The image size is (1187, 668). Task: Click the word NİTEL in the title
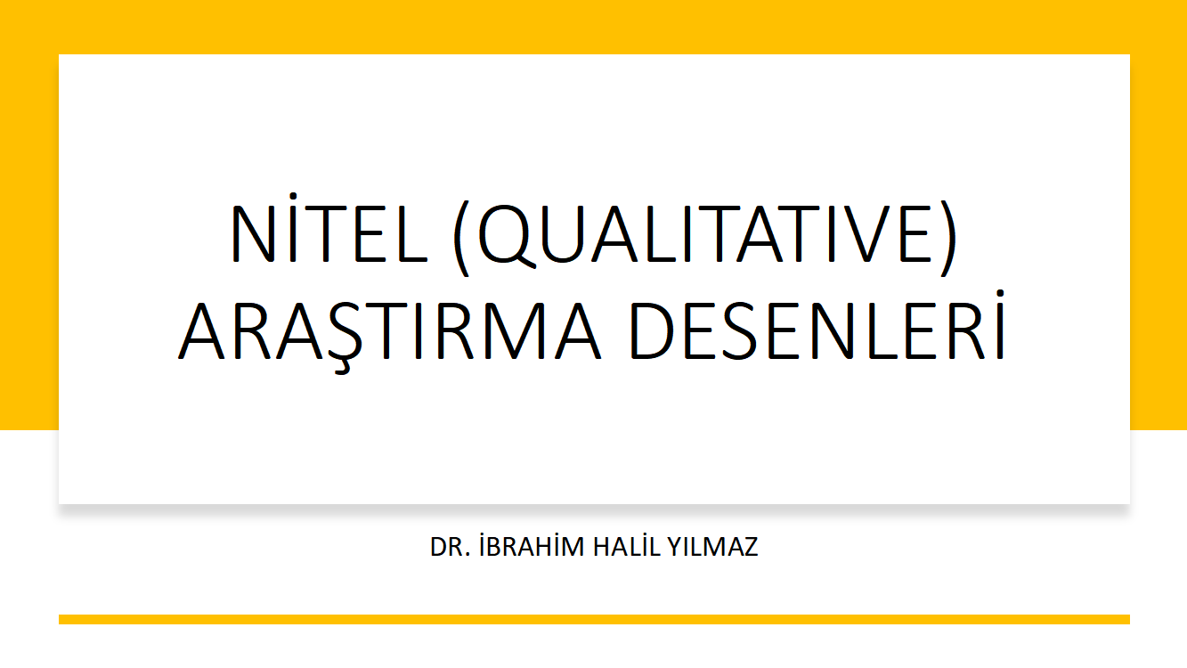329,228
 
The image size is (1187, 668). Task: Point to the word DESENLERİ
817,325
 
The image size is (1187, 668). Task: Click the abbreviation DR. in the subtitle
451,547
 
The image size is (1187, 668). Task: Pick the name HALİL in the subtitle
626,545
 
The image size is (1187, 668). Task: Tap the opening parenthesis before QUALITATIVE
461,238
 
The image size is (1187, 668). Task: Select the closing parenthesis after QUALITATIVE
949,238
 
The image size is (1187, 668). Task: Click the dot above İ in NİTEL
292,197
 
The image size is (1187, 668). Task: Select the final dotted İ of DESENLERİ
1000,325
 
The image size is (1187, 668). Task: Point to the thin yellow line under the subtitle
594,619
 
